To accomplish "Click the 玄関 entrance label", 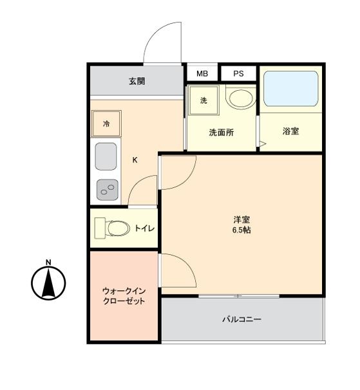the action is (x=137, y=81).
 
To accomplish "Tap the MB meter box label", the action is (x=202, y=73).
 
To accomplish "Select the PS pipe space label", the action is (x=238, y=73).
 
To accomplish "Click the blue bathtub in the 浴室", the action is (x=291, y=89).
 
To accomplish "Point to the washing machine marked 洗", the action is (x=204, y=100).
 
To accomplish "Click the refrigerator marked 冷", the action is (x=106, y=124).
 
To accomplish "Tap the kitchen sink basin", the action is (x=106, y=156).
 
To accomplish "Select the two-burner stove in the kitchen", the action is (x=108, y=190).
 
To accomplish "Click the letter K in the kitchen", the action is (x=135, y=160).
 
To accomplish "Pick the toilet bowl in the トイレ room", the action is (x=118, y=228).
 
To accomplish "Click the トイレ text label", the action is (x=145, y=228).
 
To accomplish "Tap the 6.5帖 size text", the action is (x=242, y=230).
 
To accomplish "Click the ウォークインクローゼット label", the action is (x=124, y=296).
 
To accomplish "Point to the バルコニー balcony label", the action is (x=242, y=319).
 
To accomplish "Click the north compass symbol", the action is (x=48, y=283).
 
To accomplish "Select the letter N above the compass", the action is (x=48, y=262).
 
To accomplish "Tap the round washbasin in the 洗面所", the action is (x=240, y=97).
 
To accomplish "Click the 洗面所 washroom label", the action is (x=222, y=133).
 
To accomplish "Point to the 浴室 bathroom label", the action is (x=290, y=131).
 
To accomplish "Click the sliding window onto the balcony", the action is (x=239, y=296).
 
